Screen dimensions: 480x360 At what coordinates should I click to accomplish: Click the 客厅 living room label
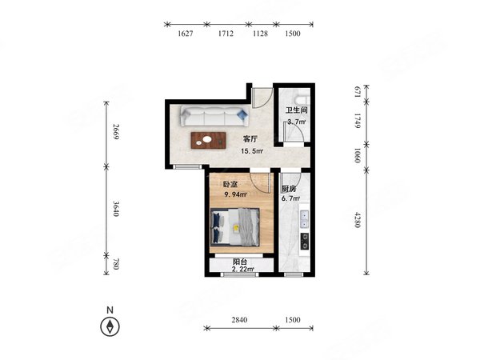[x=250, y=139]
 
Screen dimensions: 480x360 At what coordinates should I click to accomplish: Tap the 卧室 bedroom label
[x=230, y=184]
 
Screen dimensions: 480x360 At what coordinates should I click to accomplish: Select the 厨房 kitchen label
[x=289, y=189]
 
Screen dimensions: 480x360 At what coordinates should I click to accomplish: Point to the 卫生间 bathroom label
[x=296, y=110]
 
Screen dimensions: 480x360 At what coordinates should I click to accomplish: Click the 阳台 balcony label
[x=240, y=262]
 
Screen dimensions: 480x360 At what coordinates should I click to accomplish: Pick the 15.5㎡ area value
[x=252, y=151]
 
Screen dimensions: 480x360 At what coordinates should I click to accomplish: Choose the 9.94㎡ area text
[x=236, y=194]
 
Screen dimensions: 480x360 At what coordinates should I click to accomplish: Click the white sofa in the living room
[x=214, y=116]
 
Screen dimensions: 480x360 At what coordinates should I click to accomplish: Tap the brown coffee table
[x=209, y=141]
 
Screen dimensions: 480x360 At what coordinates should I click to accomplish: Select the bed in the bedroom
[x=235, y=227]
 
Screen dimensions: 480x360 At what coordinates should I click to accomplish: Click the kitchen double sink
[x=304, y=219]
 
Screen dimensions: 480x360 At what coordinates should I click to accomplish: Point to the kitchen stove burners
[x=305, y=241]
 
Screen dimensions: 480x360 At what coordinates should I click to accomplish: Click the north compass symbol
[x=110, y=326]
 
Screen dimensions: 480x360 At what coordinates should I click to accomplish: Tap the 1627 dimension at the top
[x=186, y=34]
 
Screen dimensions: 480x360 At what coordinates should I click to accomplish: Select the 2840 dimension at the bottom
[x=239, y=320]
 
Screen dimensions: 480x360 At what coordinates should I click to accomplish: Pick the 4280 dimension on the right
[x=358, y=219]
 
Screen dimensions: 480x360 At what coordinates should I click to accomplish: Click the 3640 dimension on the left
[x=116, y=209]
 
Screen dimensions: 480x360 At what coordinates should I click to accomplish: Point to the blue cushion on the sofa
[x=242, y=114]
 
